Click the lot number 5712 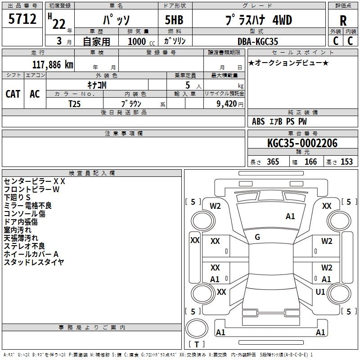coord(22,19)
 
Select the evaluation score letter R coord(343,21)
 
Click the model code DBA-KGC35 coord(258,41)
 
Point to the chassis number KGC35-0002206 coord(302,144)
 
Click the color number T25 coord(75,103)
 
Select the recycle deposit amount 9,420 coord(224,103)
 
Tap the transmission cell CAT coord(13,94)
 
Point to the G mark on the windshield coord(257,237)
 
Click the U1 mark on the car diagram coord(320,292)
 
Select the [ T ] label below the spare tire coord(197,345)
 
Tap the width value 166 coord(310,162)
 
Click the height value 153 coord(346,162)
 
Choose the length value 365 coord(273,162)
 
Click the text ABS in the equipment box coord(258,121)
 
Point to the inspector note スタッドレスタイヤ coord(34,262)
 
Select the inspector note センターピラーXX coord(35,181)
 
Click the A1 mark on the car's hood coord(290,216)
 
